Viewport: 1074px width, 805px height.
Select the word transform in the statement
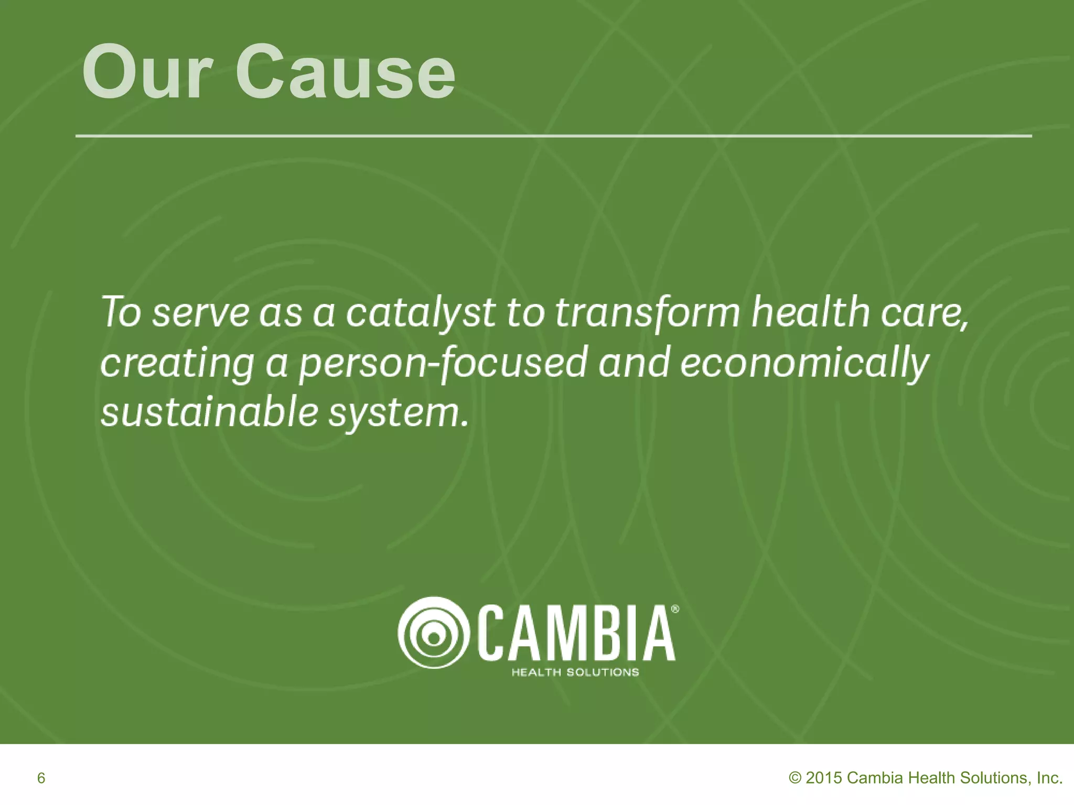[x=648, y=313]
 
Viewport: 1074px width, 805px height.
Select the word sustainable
[x=209, y=412]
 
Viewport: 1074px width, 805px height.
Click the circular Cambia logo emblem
[x=433, y=632]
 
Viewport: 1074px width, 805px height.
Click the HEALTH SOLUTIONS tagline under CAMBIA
[x=575, y=672]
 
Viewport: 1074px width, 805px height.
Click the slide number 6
[x=41, y=778]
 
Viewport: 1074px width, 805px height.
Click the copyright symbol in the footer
[x=795, y=778]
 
